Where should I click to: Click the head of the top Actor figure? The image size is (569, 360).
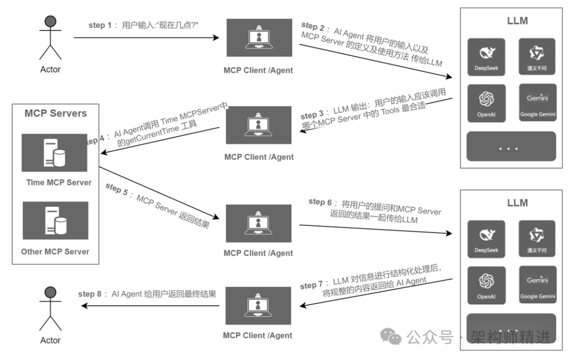51,22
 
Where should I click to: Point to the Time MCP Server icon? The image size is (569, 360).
54,153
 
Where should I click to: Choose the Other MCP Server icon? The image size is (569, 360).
54,220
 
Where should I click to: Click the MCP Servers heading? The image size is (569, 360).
55,113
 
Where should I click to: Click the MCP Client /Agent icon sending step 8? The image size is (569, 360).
258,306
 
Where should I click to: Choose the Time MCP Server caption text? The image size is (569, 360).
59,183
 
